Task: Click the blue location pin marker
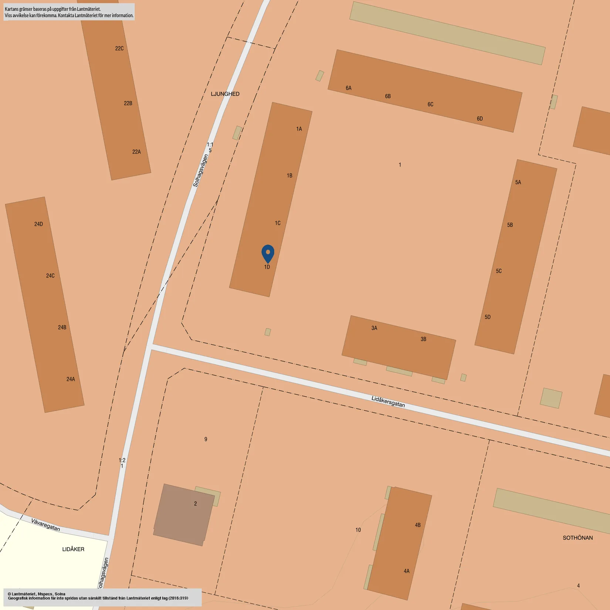(268, 253)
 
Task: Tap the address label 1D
(267, 267)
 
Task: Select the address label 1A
(299, 129)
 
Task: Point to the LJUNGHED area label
(225, 94)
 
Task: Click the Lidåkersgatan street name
(388, 402)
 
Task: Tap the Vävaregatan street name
(45, 525)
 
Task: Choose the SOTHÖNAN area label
(577, 538)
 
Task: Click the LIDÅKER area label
(73, 549)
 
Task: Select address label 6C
(430, 104)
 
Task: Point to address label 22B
(128, 103)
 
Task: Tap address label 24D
(38, 224)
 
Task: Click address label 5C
(499, 271)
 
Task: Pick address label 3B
(423, 339)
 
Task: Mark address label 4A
(407, 571)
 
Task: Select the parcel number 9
(206, 439)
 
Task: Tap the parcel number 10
(358, 530)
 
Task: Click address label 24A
(71, 379)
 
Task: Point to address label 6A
(349, 88)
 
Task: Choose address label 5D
(488, 317)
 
